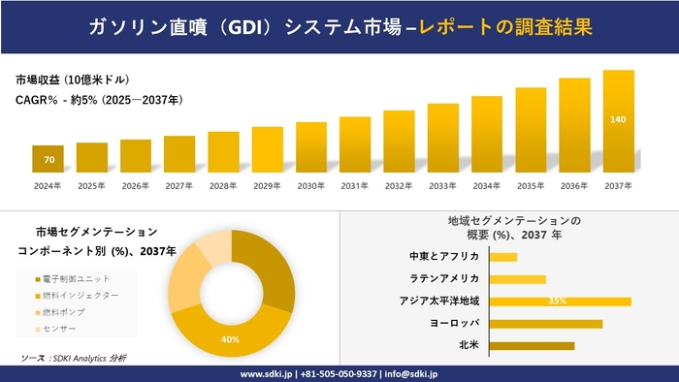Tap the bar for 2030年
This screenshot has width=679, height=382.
point(310,147)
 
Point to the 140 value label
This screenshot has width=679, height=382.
point(618,119)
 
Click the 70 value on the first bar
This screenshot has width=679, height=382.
point(48,159)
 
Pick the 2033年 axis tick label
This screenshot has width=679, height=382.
point(442,185)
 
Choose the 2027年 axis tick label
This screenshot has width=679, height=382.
point(179,185)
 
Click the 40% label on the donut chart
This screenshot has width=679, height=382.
point(230,339)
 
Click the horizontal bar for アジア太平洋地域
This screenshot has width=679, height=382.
point(560,302)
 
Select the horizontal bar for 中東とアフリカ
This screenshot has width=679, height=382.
point(503,257)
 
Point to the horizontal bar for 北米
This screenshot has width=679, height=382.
point(532,345)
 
